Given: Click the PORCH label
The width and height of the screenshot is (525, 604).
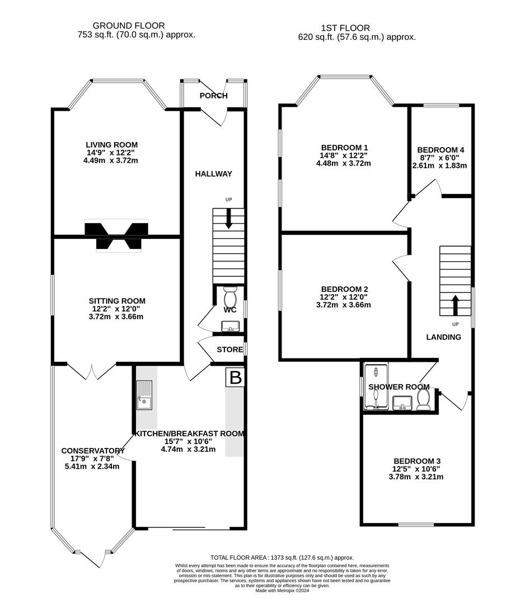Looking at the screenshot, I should click(x=214, y=96).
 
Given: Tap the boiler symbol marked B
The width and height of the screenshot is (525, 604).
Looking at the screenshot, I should click(x=236, y=378).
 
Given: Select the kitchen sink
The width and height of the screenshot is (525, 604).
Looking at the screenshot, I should click(x=144, y=395).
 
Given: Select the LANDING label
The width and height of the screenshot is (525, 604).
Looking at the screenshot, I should click(x=443, y=337).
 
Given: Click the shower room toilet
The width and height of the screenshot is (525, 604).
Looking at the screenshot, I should click(x=424, y=400).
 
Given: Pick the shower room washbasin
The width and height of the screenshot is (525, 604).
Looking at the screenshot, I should click(x=402, y=402).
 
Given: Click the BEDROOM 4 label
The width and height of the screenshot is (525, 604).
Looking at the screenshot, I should click(x=440, y=150).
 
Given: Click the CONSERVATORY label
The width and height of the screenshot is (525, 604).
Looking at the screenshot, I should click(x=92, y=451).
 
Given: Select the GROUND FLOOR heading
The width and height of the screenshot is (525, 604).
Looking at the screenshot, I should click(x=129, y=25).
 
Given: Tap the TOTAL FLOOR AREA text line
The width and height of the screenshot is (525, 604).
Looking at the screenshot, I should click(x=282, y=558).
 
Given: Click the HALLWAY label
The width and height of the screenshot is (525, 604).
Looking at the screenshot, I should click(x=213, y=174).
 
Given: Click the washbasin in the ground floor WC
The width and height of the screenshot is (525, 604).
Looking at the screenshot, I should click(x=229, y=325).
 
